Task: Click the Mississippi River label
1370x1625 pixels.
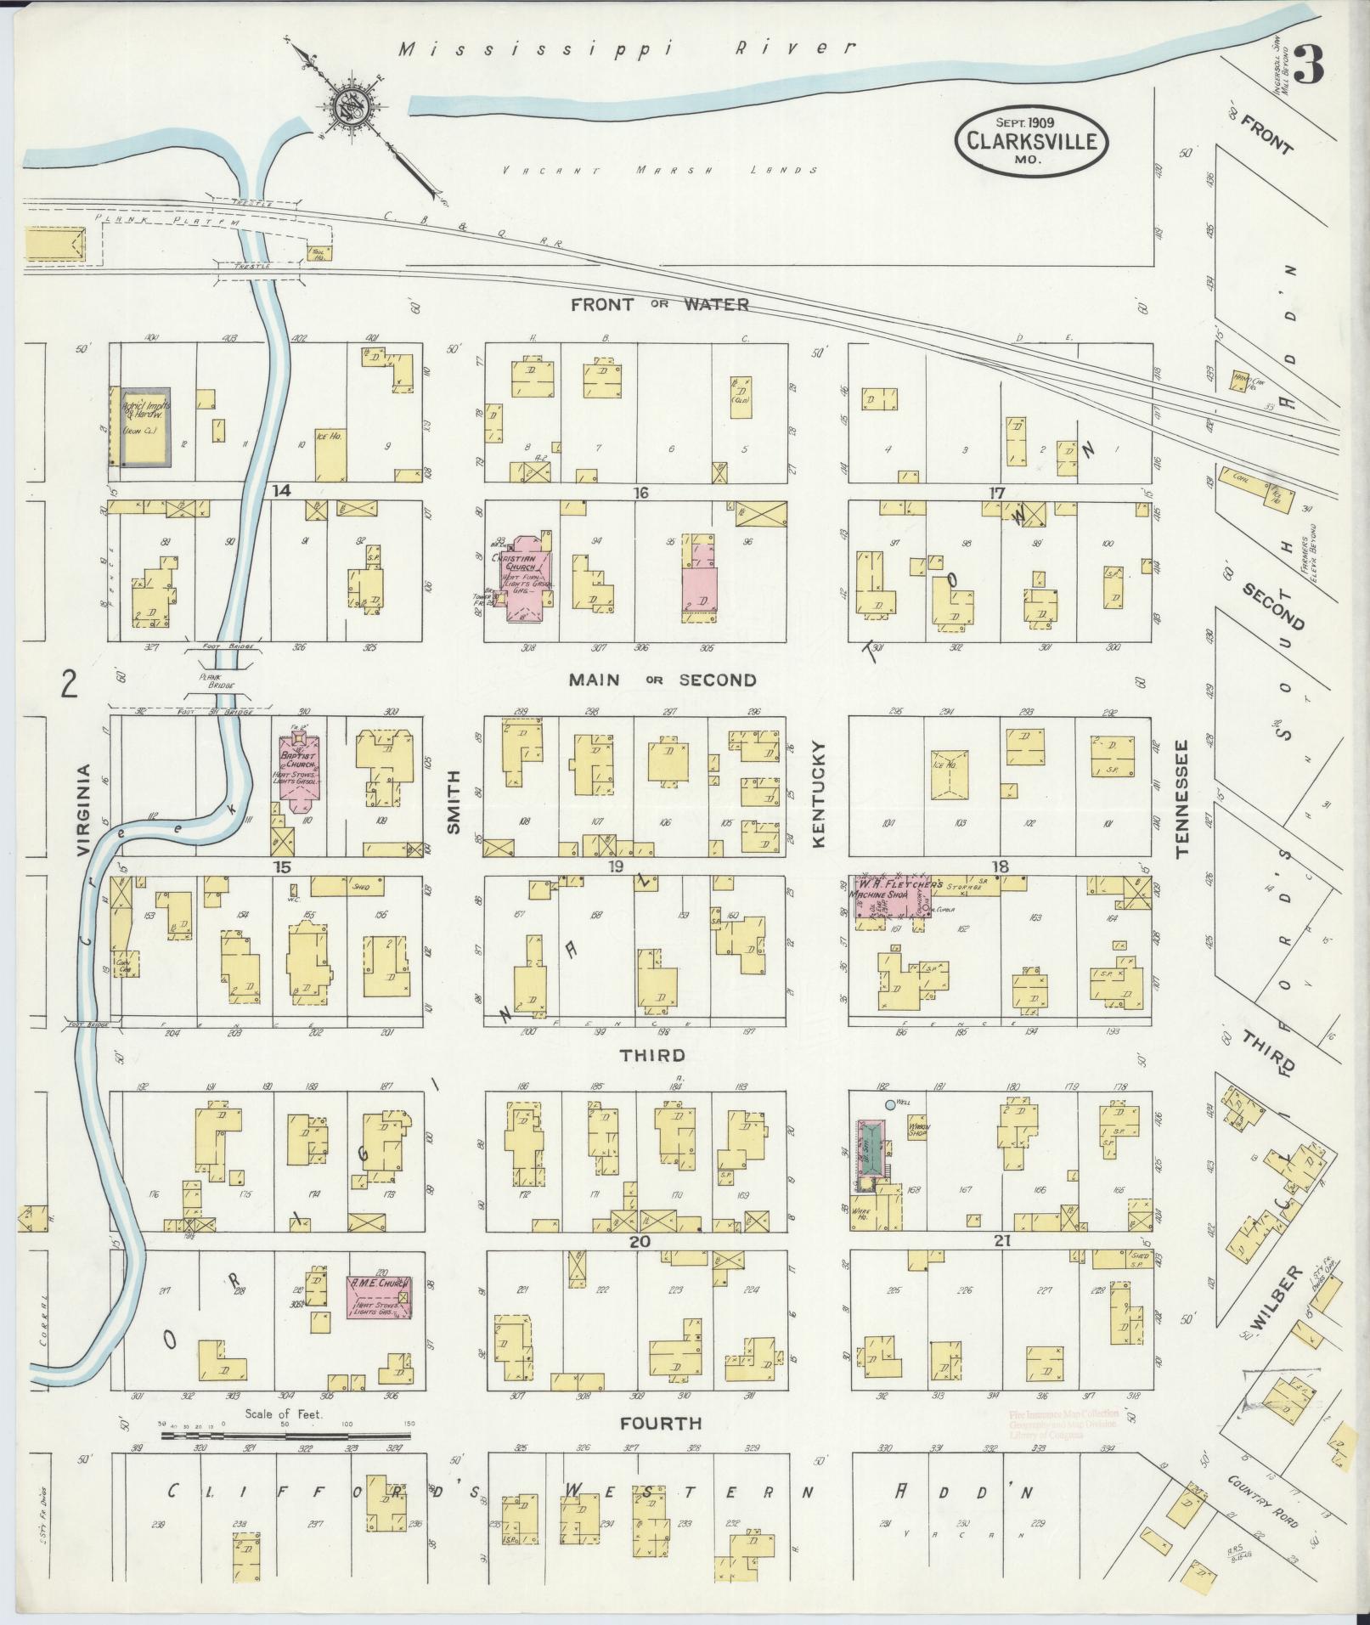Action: [627, 49]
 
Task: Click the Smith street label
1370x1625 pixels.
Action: [454, 801]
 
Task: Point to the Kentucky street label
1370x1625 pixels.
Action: [819, 793]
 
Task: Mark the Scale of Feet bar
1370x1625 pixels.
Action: [285, 1436]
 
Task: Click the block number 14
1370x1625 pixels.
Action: [282, 490]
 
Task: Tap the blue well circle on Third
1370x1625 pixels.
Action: [889, 1104]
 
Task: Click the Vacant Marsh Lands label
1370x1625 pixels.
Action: [660, 170]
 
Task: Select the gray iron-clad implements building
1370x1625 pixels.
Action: [145, 427]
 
